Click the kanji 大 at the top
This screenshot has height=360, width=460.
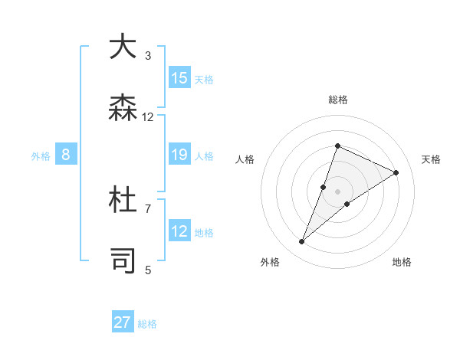pos(123,47)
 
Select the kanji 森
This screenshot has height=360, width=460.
pos(123,108)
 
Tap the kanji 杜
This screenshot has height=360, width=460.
pos(123,200)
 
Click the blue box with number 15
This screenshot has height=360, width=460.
pos(179,77)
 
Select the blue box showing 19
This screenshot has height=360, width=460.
pos(179,155)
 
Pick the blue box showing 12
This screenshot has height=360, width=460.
pos(179,231)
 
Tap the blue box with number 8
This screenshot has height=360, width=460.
pos(66,155)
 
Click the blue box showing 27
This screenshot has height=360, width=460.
pos(123,322)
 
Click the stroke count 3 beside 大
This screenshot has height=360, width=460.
pos(148,55)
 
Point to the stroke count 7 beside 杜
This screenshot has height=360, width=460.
pos(148,208)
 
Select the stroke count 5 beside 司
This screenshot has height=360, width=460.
pos(148,270)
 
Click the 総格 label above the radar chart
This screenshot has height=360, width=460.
pos(338,100)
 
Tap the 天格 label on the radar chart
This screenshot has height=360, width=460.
pos(431,159)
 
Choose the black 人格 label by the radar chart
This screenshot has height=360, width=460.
pos(245,159)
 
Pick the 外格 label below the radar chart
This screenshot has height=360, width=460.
pos(269,262)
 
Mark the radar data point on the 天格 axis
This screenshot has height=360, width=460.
pos(396,172)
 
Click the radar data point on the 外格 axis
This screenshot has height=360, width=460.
pos(302,242)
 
